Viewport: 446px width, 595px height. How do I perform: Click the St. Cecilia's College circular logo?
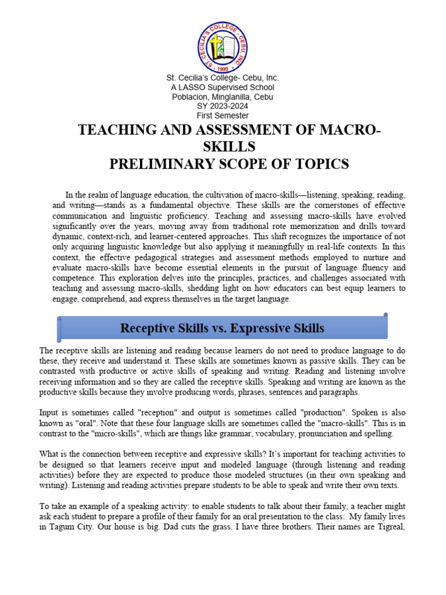tap(222, 44)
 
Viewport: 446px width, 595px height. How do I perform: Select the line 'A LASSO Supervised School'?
tap(222, 87)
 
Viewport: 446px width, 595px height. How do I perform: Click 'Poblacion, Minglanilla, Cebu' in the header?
tap(222, 97)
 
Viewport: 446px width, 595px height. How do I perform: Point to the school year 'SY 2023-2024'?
tap(222, 106)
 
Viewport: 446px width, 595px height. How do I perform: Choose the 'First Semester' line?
tap(222, 116)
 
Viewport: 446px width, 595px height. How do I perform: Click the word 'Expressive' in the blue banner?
tap(261, 328)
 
